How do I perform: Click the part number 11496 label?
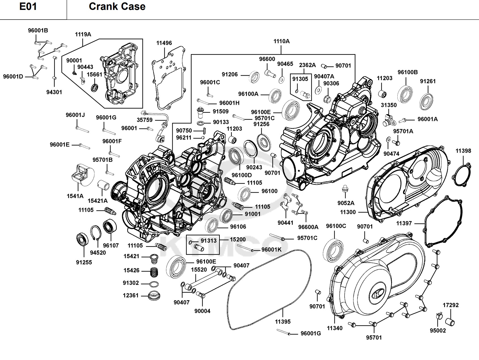(164, 43)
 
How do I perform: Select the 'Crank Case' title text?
(117, 7)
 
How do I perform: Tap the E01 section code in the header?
(28, 7)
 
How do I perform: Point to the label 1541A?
(75, 196)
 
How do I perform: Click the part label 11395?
(283, 321)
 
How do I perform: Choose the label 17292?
(451, 305)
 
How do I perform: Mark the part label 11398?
(463, 151)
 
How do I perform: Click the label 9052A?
(346, 203)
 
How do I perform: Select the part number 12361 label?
(131, 295)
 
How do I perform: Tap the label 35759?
(145, 120)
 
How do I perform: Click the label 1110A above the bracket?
(281, 41)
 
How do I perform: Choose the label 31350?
(389, 105)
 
